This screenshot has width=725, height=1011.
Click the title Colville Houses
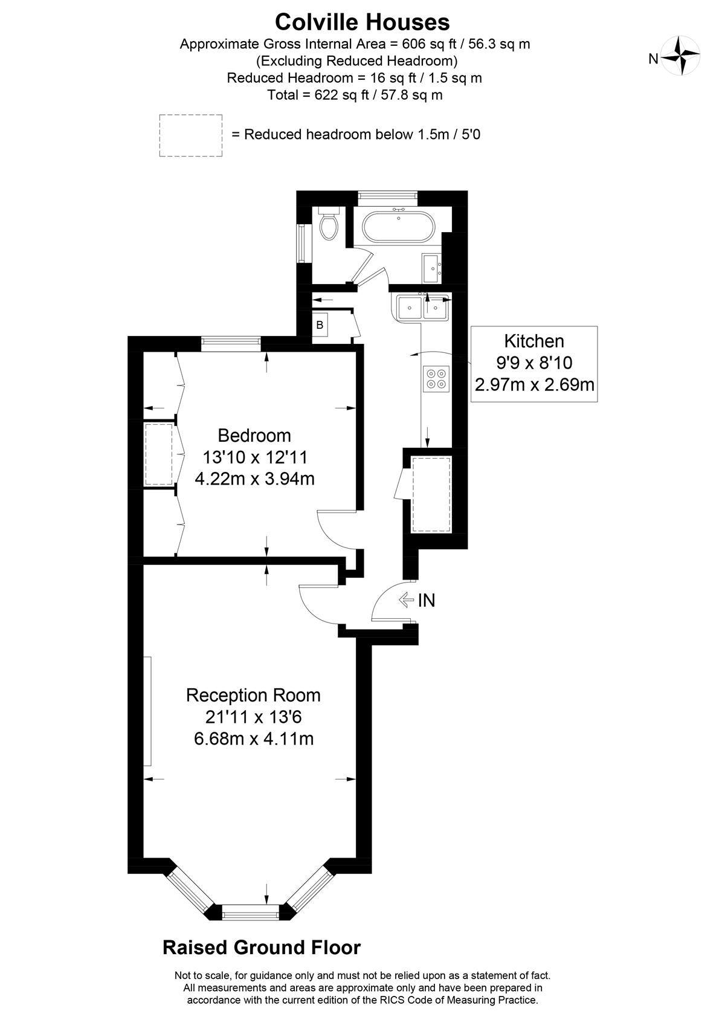(x=362, y=22)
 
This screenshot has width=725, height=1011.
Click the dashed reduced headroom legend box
(x=191, y=136)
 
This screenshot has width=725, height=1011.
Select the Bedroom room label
(x=254, y=436)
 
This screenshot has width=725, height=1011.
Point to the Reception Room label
(x=253, y=696)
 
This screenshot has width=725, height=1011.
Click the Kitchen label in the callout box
(x=534, y=341)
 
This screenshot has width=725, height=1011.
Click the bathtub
(x=399, y=227)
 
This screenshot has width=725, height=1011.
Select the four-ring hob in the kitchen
(x=436, y=379)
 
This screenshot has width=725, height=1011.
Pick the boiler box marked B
(x=320, y=325)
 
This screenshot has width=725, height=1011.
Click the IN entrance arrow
(x=407, y=600)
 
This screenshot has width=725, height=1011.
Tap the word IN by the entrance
(x=427, y=600)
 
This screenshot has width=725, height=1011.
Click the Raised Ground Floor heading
(x=262, y=948)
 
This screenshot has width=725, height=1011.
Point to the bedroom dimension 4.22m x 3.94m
(x=254, y=479)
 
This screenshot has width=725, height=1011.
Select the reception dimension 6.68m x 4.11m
(x=254, y=739)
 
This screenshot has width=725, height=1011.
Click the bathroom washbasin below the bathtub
(x=431, y=268)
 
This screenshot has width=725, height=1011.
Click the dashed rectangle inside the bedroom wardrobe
(x=159, y=454)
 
